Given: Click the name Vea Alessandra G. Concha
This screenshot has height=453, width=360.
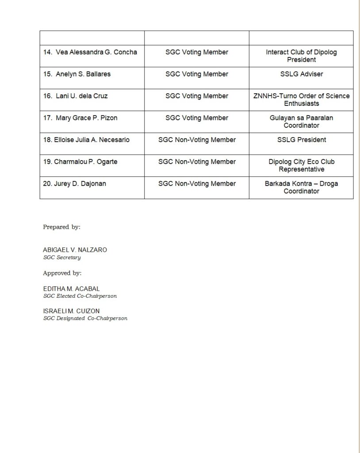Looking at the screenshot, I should coord(96,52).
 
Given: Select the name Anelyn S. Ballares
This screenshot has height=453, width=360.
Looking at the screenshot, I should coord(83,74).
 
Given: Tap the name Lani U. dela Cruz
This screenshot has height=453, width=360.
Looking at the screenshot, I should coord(81,96).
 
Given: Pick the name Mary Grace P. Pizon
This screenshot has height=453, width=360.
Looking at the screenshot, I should coord(86,118).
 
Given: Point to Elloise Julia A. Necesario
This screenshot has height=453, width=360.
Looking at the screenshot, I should coord(86,140).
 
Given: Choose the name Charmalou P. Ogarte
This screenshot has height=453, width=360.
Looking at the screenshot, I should coord(80,162).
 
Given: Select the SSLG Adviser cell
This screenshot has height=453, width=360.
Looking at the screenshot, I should coord(301,74).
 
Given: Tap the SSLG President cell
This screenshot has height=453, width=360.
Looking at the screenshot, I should coord(301,140).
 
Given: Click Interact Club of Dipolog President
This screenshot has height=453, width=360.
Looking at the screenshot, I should coord(301,56).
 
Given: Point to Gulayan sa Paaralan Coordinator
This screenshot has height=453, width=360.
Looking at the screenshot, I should coord(301,122).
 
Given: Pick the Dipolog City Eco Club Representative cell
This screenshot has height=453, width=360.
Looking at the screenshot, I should coord(301,165).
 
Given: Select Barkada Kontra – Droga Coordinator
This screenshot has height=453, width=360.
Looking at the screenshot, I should coord(301,187).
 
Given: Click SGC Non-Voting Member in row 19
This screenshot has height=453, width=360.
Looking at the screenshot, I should coord(197,162).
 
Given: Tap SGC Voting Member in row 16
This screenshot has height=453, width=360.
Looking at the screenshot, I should coord(197,96).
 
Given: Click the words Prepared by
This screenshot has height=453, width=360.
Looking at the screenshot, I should coord(61,227).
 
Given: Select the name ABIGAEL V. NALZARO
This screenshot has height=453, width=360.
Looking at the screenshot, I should coord(75,250).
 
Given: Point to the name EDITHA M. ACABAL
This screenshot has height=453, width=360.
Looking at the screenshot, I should coord(71,289).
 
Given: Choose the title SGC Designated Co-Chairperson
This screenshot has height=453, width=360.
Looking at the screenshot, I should coord(85,319).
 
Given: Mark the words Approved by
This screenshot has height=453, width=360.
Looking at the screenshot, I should coord(62,273).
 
